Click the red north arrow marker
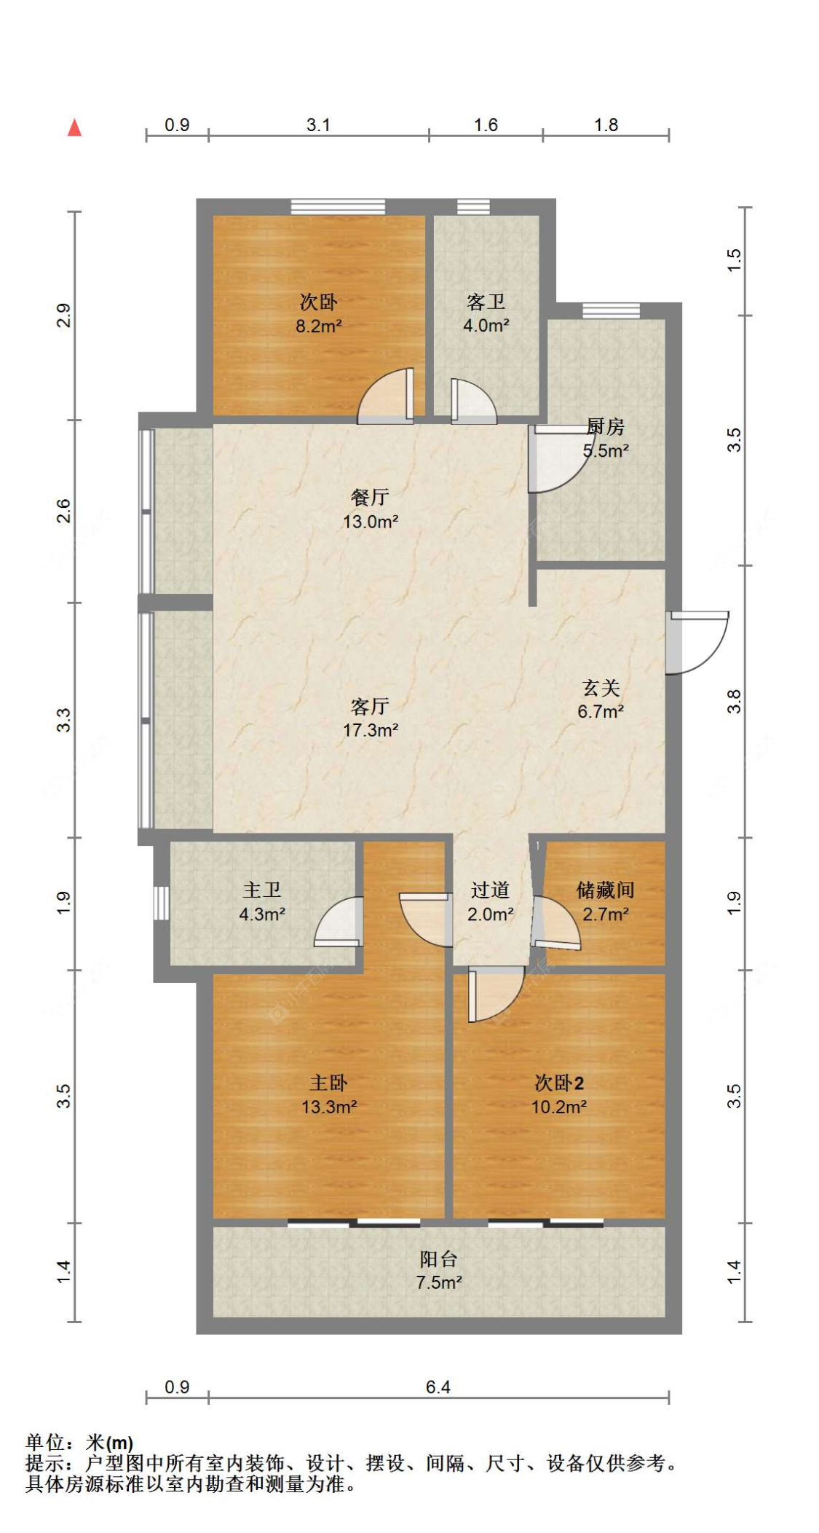coord(74,128)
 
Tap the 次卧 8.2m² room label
coord(318,313)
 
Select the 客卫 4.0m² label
coord(486,313)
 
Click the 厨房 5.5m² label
coord(605,438)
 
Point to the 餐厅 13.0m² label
coord(370,509)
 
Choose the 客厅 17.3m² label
coord(370,717)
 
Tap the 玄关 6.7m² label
coord(601,699)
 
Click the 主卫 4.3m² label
coord(262,901)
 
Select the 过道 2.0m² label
coord(490,901)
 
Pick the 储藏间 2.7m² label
coord(605,901)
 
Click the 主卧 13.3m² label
coord(329,1094)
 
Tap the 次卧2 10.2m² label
coord(558,1094)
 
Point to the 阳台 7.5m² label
coord(438,1270)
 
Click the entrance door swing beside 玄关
coord(699,641)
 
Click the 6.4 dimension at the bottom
coord(438,1387)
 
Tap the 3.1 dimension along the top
coord(318,125)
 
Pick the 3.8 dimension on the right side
coord(734,701)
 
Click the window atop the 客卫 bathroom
coord(473,206)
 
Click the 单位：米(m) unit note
coord(79,1442)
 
